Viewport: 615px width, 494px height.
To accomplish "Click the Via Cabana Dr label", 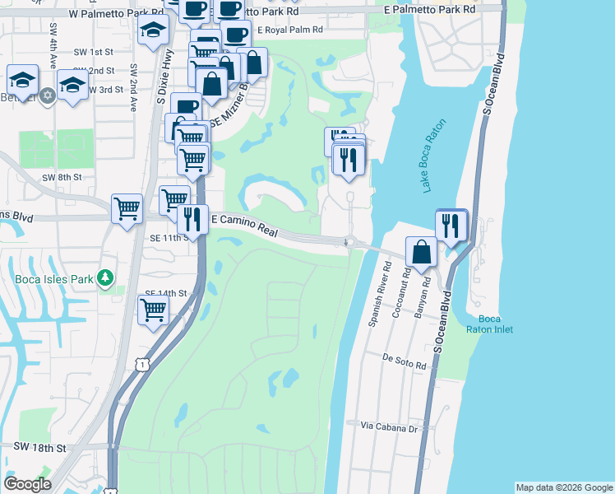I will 390,427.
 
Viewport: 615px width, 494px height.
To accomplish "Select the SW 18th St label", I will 39,447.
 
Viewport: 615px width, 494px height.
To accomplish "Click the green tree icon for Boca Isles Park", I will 104,277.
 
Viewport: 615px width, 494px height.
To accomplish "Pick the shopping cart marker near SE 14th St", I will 154,310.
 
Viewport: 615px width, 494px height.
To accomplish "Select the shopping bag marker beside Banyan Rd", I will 421,252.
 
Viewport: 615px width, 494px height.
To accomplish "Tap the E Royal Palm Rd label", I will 290,30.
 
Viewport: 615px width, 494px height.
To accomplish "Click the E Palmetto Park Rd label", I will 430,9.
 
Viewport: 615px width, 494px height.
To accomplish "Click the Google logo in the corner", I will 28,483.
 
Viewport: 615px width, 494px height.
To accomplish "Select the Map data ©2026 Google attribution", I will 563,487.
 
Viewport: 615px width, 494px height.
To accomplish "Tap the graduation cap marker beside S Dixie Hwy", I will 154,33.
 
